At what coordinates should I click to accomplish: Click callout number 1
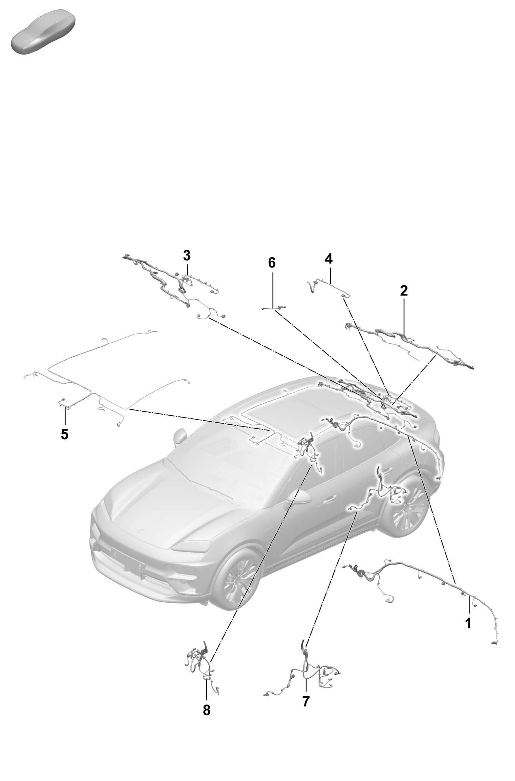coord(468,623)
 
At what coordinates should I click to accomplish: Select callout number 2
coord(404,291)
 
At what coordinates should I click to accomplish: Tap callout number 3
coord(187,256)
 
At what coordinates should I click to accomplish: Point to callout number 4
coord(328,259)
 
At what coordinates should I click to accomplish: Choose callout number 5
coord(65,434)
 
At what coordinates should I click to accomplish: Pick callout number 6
coord(272,263)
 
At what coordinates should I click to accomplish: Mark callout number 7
coord(306,701)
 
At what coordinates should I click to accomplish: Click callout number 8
coord(206,710)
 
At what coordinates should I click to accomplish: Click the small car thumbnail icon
coord(44,31)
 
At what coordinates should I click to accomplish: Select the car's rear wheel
coord(405,506)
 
